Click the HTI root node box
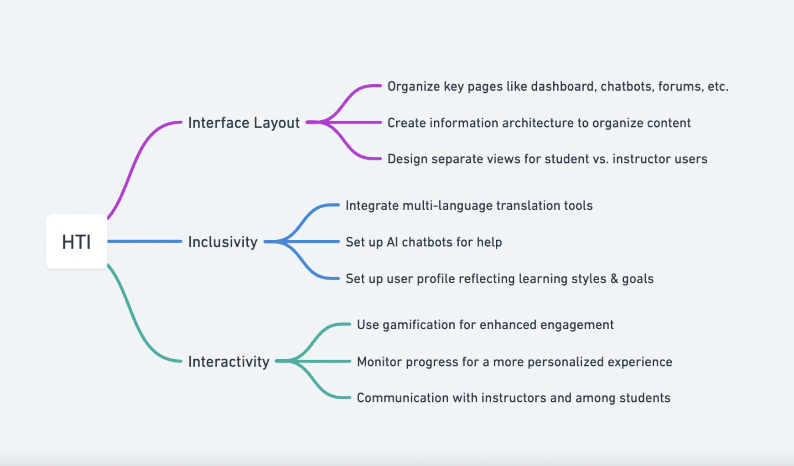[x=76, y=241]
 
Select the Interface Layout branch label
[x=244, y=123]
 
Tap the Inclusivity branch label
[x=223, y=242]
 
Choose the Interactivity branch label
[x=229, y=362]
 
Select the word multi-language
[x=447, y=205]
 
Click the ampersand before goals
[x=614, y=279]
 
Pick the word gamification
[x=419, y=325]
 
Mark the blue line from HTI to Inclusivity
[x=145, y=241]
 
